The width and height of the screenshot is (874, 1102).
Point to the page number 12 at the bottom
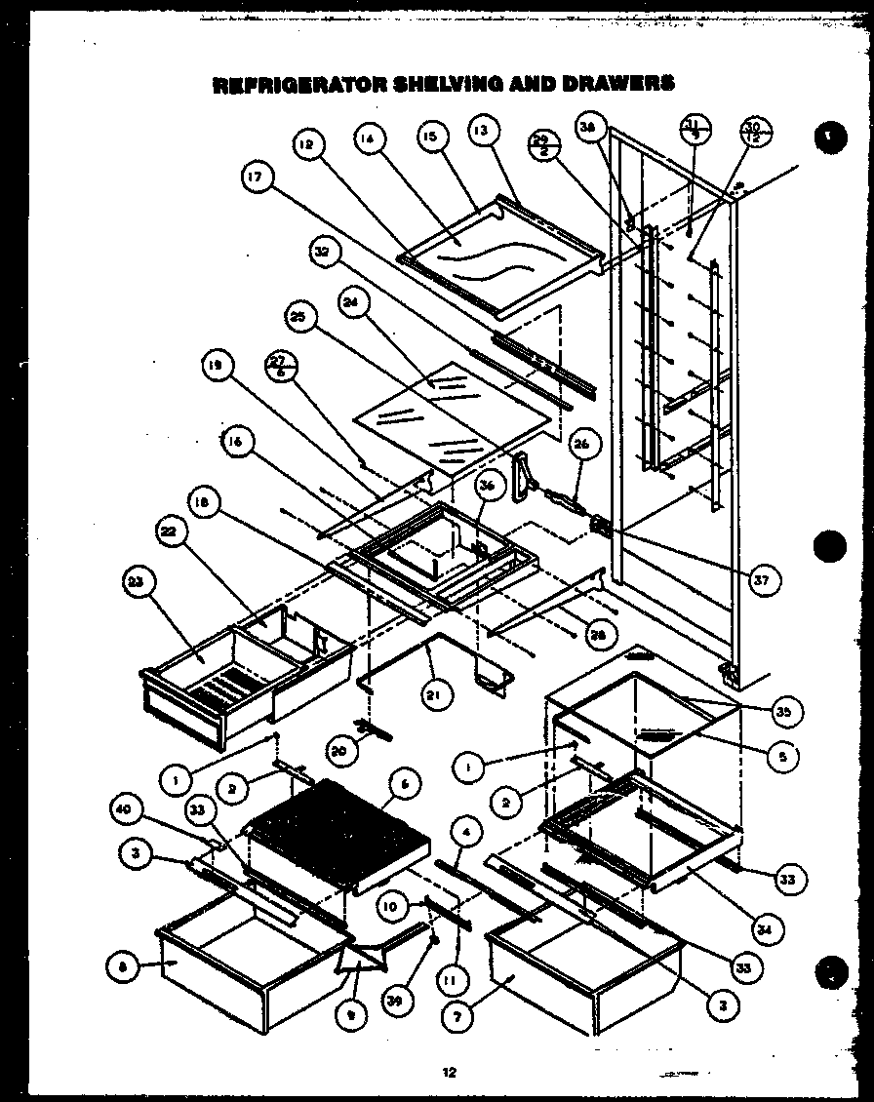(449, 1073)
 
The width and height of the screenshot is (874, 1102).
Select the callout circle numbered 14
(367, 138)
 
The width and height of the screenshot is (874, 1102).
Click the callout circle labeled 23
(137, 583)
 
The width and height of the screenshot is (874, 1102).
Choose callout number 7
(457, 1013)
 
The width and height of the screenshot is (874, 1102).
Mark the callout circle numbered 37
(760, 581)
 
